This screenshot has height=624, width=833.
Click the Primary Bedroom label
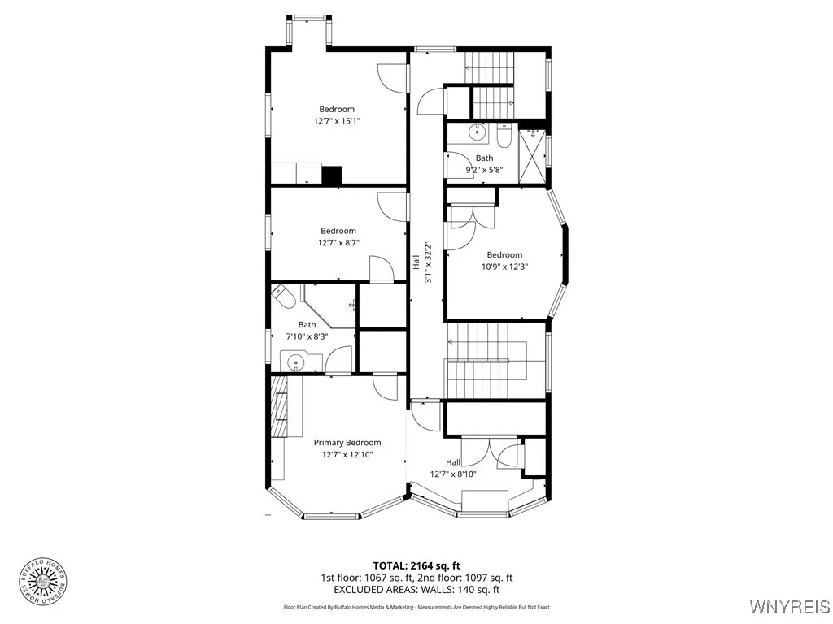[347, 443]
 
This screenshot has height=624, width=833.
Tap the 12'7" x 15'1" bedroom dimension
[337, 121]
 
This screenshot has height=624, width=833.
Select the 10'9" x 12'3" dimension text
[504, 266]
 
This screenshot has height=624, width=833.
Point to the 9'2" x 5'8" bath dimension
[485, 170]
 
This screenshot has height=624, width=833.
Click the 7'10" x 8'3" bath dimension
[307, 336]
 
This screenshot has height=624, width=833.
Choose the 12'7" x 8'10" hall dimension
[453, 474]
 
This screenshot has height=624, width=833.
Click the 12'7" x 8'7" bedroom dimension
[338, 242]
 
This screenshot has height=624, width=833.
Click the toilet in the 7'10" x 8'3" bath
[282, 297]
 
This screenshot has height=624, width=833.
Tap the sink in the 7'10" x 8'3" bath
[294, 361]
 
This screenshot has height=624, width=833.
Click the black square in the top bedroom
[331, 175]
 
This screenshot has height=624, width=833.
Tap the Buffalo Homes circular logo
[44, 580]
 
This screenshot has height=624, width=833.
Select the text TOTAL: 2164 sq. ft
[416, 565]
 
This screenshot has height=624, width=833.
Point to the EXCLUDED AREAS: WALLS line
[416, 590]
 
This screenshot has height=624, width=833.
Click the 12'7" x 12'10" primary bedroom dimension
[347, 455]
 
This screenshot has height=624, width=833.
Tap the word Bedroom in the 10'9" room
[504, 255]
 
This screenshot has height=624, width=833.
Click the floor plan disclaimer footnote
[416, 607]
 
